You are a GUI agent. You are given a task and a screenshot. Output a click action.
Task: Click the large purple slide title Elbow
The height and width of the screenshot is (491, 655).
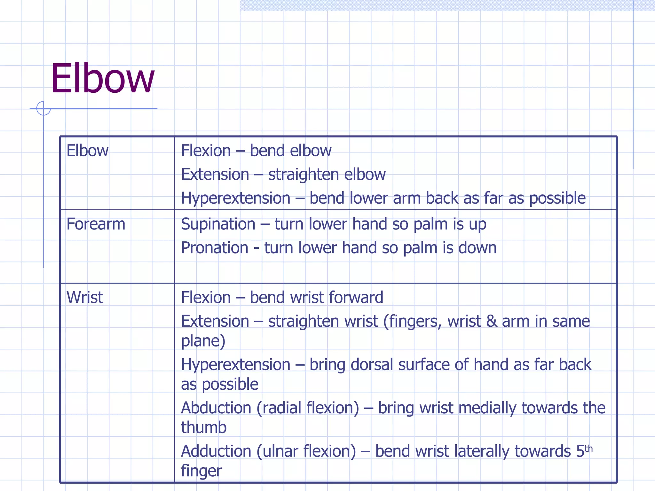(103, 78)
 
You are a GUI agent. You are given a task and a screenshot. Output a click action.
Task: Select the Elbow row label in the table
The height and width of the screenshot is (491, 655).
(87, 151)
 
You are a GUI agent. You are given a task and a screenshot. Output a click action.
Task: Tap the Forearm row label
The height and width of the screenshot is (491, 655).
(96, 224)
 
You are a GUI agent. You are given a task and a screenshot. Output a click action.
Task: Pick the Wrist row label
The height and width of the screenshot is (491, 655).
(85, 297)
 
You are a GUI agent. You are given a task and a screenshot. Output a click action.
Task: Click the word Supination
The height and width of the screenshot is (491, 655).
(218, 224)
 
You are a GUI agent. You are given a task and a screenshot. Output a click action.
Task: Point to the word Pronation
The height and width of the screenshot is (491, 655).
(215, 248)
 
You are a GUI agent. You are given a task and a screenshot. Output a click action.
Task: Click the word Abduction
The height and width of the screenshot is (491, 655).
(216, 408)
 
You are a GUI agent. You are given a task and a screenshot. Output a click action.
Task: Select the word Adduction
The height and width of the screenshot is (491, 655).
(216, 451)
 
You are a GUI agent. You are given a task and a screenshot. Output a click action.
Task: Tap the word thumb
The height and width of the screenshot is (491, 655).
(204, 428)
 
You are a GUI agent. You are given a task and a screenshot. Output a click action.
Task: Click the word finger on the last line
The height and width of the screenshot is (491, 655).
(201, 471)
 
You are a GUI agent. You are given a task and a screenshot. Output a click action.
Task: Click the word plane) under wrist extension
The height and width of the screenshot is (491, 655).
(203, 341)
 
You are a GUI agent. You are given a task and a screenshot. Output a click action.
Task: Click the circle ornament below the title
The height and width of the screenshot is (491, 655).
(43, 108)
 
